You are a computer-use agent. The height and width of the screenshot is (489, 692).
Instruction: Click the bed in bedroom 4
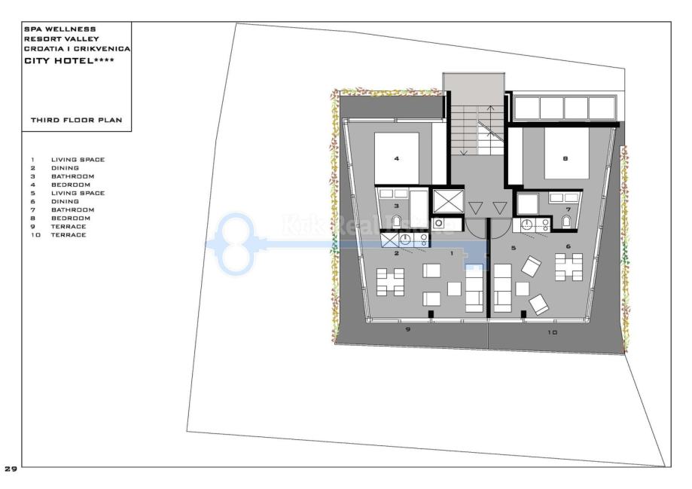(396, 157)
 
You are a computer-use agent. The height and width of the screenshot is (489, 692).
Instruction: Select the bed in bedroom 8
(567, 153)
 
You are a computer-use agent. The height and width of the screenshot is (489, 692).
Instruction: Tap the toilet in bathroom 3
(396, 221)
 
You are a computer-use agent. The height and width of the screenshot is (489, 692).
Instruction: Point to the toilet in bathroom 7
(566, 221)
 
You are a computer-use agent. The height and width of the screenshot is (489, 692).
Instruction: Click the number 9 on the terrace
(408, 329)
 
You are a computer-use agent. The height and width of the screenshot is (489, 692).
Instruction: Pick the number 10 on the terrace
(552, 332)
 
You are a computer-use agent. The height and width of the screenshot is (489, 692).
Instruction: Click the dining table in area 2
(390, 283)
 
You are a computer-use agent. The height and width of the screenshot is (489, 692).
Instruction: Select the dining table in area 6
(569, 267)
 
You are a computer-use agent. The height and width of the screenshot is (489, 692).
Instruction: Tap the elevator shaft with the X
(448, 201)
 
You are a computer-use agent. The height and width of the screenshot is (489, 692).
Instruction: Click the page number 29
(11, 469)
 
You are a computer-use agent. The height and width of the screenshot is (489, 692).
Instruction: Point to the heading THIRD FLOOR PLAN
(76, 120)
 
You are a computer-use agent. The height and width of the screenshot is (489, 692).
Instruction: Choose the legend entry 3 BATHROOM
(62, 176)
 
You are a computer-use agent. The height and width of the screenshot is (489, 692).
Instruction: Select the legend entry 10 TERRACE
(58, 235)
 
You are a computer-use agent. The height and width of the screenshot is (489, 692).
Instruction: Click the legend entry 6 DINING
(55, 201)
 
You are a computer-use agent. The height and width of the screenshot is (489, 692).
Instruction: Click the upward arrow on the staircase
(490, 130)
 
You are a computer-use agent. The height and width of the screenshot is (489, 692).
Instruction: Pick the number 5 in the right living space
(514, 248)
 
